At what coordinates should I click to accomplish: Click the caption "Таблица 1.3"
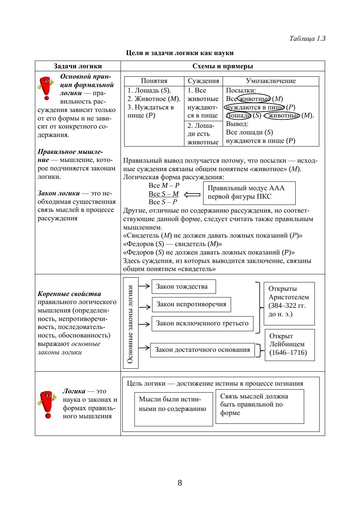click(x=307, y=39)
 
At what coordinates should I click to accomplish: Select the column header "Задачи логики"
click(x=78, y=66)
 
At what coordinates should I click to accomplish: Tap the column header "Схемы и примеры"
click(x=223, y=66)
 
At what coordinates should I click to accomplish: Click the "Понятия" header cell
click(x=154, y=81)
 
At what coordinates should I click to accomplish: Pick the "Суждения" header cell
click(x=203, y=81)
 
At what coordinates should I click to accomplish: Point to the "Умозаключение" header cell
click(x=271, y=81)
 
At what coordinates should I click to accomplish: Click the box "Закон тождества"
click(x=183, y=287)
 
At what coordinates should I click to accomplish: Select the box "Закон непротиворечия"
click(x=191, y=304)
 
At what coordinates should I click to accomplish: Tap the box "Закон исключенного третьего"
click(x=202, y=324)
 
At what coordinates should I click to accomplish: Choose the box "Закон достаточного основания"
click(x=202, y=350)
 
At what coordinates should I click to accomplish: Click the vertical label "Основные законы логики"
click(x=130, y=323)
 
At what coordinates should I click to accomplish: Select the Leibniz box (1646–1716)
click(x=289, y=345)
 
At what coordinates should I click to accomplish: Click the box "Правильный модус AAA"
click(x=249, y=193)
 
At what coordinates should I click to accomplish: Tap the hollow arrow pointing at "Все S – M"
click(x=192, y=195)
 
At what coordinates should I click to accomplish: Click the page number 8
click(x=180, y=483)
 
